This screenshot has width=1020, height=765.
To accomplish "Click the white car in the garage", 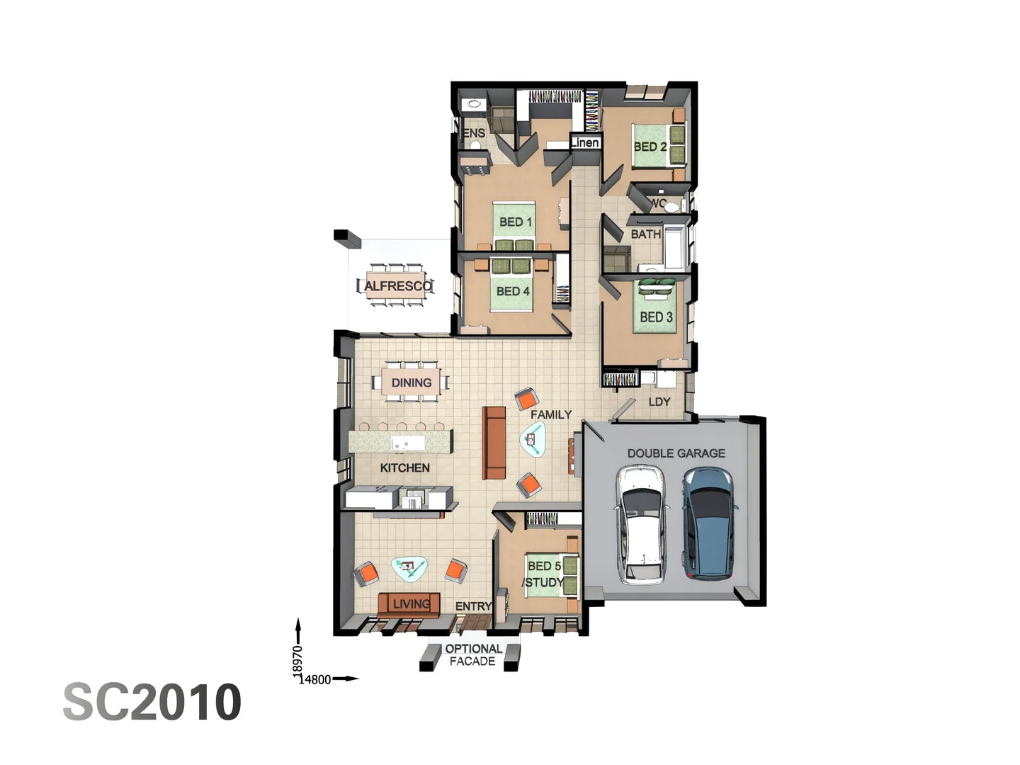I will click(x=642, y=524).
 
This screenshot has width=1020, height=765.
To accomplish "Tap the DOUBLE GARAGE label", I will click(x=676, y=453).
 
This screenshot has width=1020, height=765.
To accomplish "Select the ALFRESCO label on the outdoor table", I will click(x=397, y=286).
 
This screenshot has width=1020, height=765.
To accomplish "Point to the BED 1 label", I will click(x=515, y=222).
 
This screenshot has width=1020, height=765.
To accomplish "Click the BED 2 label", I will click(x=650, y=147).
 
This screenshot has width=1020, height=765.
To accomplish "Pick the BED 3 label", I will click(x=656, y=317).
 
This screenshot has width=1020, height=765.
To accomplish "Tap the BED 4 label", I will click(x=513, y=291).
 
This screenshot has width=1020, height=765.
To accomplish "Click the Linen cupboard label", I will click(x=585, y=142).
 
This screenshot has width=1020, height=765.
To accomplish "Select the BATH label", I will click(x=645, y=234).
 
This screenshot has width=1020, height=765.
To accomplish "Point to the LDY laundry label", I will click(x=659, y=402).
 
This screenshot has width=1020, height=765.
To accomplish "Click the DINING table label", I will click(x=411, y=382).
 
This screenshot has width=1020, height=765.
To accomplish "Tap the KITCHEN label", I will click(x=404, y=467).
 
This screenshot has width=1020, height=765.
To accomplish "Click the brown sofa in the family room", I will click(x=494, y=443).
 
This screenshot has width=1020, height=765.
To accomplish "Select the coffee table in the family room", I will click(x=533, y=440).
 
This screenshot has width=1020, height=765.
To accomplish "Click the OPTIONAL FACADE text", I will click(x=473, y=654).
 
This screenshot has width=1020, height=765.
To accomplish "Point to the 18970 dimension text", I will click(x=297, y=660).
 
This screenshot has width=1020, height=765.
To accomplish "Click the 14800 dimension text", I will click(x=315, y=679).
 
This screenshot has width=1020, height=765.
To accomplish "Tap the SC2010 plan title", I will click(x=152, y=702).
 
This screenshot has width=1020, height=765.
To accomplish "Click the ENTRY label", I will click(x=473, y=606).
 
